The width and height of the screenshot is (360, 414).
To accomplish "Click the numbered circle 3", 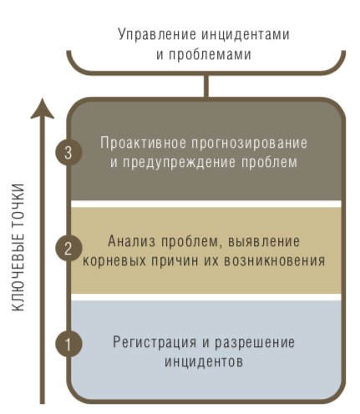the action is click(x=68, y=153).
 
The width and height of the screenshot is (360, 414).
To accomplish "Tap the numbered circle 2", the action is click(x=68, y=248).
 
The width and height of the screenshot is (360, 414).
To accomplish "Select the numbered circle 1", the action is click(x=68, y=344).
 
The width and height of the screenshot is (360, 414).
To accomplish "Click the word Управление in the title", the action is click(x=157, y=35).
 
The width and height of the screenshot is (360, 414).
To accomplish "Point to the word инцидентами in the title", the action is click(x=246, y=34).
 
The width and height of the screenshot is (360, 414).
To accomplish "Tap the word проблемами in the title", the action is click(x=210, y=54).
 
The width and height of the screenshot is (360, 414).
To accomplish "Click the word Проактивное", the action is click(x=143, y=143).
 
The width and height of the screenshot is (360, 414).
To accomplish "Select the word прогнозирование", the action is click(x=249, y=144).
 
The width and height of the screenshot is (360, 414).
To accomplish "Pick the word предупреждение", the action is click(x=179, y=163).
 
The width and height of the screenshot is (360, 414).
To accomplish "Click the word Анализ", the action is click(x=131, y=241).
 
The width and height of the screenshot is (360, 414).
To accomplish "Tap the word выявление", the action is click(x=264, y=241).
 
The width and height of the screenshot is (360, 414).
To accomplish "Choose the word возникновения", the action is click(x=275, y=261).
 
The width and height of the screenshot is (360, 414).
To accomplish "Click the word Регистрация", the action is click(x=155, y=342).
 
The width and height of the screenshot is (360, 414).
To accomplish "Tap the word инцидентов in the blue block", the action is click(x=204, y=362).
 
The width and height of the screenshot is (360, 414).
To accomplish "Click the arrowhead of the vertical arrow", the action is click(x=43, y=109).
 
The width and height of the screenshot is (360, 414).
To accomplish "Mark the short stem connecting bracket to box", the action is click(x=205, y=86).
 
